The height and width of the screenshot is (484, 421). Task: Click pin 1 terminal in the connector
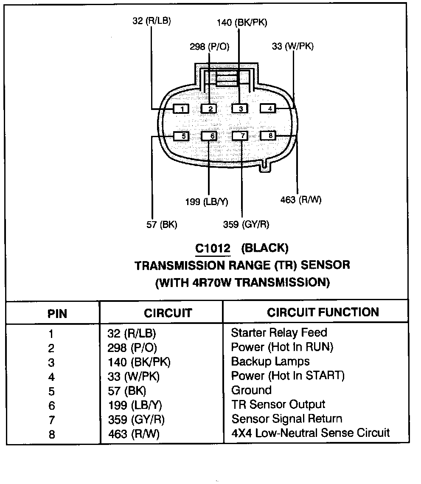182,109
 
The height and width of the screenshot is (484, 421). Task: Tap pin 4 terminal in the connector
269,108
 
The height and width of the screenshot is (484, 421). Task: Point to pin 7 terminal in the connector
241,136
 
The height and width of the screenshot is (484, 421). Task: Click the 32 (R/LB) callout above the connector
152,21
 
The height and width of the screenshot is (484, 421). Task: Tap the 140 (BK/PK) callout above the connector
242,23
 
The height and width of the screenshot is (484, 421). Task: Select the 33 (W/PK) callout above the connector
292,46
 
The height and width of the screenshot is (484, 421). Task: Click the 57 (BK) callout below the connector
162,225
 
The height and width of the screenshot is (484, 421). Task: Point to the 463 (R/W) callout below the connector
301,200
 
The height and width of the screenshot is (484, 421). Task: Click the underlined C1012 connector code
213,248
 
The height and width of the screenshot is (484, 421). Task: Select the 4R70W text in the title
211,282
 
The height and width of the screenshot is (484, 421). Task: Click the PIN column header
57,314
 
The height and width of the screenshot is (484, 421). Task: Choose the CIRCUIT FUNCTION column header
323,312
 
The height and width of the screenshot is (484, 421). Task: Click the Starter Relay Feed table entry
279,332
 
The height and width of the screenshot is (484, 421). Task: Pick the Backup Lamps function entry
270,361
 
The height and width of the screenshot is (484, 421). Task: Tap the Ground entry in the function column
251,390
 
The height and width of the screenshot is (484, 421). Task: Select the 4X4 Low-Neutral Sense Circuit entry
310,433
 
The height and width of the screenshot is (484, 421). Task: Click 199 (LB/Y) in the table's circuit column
135,405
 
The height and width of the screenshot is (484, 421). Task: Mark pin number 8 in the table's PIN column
52,434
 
